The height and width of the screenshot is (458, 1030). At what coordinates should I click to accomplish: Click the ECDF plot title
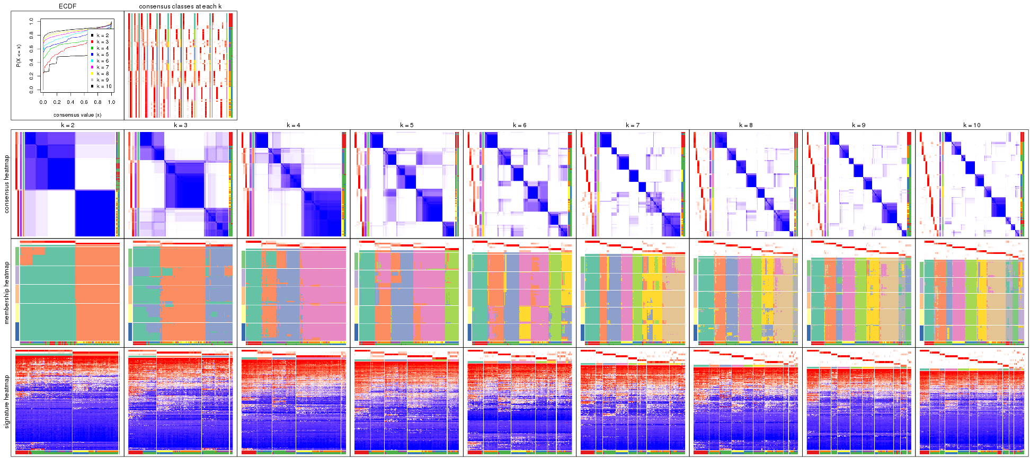point(67,6)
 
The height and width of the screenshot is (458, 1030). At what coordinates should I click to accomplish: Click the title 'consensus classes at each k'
point(180,6)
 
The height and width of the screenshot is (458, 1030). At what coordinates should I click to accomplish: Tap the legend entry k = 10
point(104,86)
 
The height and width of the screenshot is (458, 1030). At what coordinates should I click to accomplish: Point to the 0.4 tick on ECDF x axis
point(70,102)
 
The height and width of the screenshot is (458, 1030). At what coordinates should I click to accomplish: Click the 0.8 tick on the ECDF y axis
point(31,36)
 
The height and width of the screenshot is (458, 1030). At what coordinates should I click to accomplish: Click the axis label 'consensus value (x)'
point(77,114)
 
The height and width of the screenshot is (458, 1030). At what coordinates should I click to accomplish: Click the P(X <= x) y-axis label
point(19,56)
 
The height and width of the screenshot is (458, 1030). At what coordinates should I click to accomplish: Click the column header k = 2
point(67,126)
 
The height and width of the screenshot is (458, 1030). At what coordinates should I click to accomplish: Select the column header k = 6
point(520,126)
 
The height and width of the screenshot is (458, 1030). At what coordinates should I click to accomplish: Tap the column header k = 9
point(859,126)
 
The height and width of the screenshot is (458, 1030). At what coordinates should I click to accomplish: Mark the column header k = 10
point(972,126)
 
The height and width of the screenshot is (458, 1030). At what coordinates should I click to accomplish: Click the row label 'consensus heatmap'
point(7,184)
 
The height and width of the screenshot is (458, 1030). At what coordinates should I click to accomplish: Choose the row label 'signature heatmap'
point(7,401)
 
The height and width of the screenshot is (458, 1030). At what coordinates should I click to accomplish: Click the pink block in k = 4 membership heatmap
point(323,294)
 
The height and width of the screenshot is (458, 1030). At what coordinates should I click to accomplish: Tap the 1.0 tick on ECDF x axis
point(112,102)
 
